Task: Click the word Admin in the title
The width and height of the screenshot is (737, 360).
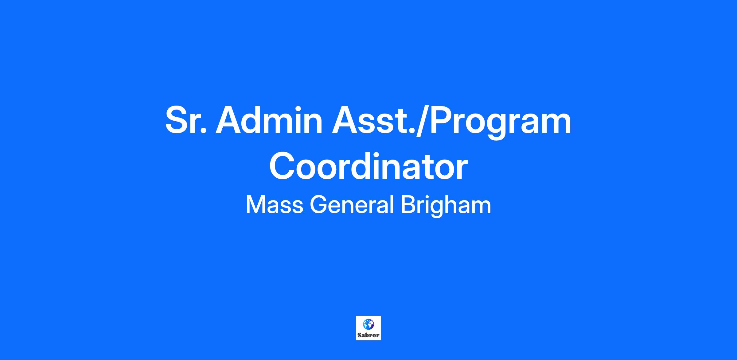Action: tap(269, 120)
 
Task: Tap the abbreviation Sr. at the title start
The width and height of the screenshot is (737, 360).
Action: tap(185, 120)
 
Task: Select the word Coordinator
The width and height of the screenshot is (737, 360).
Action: tap(368, 167)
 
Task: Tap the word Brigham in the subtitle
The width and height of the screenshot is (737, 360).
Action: tap(446, 206)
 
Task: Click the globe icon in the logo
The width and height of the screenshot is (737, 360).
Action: tap(368, 324)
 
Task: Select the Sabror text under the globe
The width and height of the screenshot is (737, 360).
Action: tap(368, 335)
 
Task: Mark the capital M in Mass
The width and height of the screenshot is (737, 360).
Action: tap(255, 205)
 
